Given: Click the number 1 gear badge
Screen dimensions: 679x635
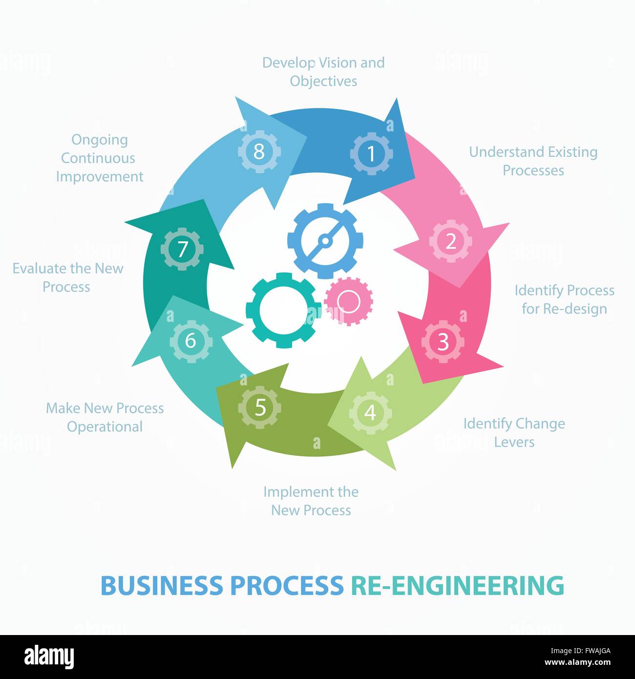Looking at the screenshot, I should tap(371, 154).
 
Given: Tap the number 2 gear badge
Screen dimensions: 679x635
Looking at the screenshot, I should tap(450, 241).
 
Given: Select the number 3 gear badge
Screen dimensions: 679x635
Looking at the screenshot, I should tap(443, 342).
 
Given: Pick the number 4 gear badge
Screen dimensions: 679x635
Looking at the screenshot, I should tap(370, 413).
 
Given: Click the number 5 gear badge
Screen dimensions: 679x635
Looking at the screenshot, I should tap(260, 407).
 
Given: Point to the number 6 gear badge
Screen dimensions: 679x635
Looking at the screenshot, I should tap(190, 340).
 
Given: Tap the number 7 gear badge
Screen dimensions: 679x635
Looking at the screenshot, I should tap(182, 249).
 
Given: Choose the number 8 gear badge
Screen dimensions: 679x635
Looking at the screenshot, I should tap(259, 151).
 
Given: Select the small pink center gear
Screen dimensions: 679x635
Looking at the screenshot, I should tap(349, 301).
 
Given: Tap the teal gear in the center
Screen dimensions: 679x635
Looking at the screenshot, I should tap(283, 310).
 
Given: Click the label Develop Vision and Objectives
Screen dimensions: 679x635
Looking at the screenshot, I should tap(323, 72).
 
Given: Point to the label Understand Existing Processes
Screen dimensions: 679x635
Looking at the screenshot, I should tap(533, 161).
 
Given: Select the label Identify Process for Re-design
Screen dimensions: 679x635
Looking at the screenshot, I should tap(564, 299).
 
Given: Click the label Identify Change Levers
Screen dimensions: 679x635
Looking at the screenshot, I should tap(514, 432).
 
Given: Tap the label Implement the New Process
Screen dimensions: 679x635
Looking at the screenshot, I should tap(311, 501).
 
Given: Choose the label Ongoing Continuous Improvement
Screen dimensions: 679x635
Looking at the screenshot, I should tap(100, 158).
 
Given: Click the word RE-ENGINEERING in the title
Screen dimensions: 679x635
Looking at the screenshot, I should tap(457, 585).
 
